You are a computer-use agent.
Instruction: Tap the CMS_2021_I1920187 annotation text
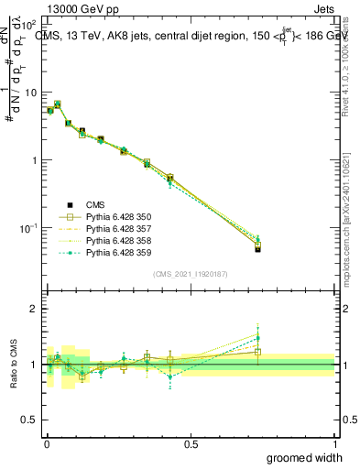(190, 274)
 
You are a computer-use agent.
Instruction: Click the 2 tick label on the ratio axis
(34, 310)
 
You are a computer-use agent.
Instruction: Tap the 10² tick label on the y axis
(28, 25)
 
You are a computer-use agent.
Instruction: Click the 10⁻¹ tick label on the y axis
(28, 227)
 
